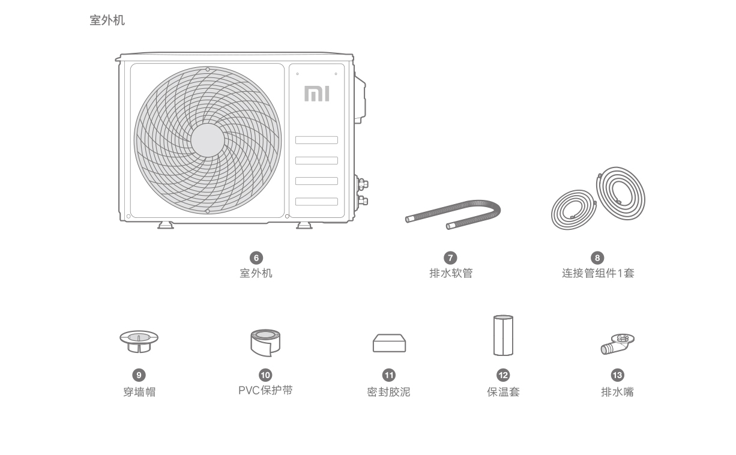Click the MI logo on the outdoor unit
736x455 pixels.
click(317, 94)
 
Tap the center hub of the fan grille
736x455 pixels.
click(208, 140)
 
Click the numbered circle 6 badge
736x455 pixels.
click(256, 258)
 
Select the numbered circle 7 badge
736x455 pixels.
click(450, 258)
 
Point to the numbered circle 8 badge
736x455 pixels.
click(597, 258)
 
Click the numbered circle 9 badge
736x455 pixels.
click(139, 375)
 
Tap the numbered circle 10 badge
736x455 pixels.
click(265, 375)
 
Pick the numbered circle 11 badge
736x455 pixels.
click(389, 375)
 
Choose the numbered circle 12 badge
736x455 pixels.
click(503, 375)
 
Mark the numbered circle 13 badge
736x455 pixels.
click(617, 375)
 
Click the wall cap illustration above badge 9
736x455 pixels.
click(139, 342)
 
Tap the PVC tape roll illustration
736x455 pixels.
click(265, 343)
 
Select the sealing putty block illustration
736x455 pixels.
click(390, 343)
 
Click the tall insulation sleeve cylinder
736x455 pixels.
click(503, 336)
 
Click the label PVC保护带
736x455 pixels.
click(265, 390)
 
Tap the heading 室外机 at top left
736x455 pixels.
click(107, 20)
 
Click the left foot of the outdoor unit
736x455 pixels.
click(166, 225)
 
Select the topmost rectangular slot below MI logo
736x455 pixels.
click(316, 140)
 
